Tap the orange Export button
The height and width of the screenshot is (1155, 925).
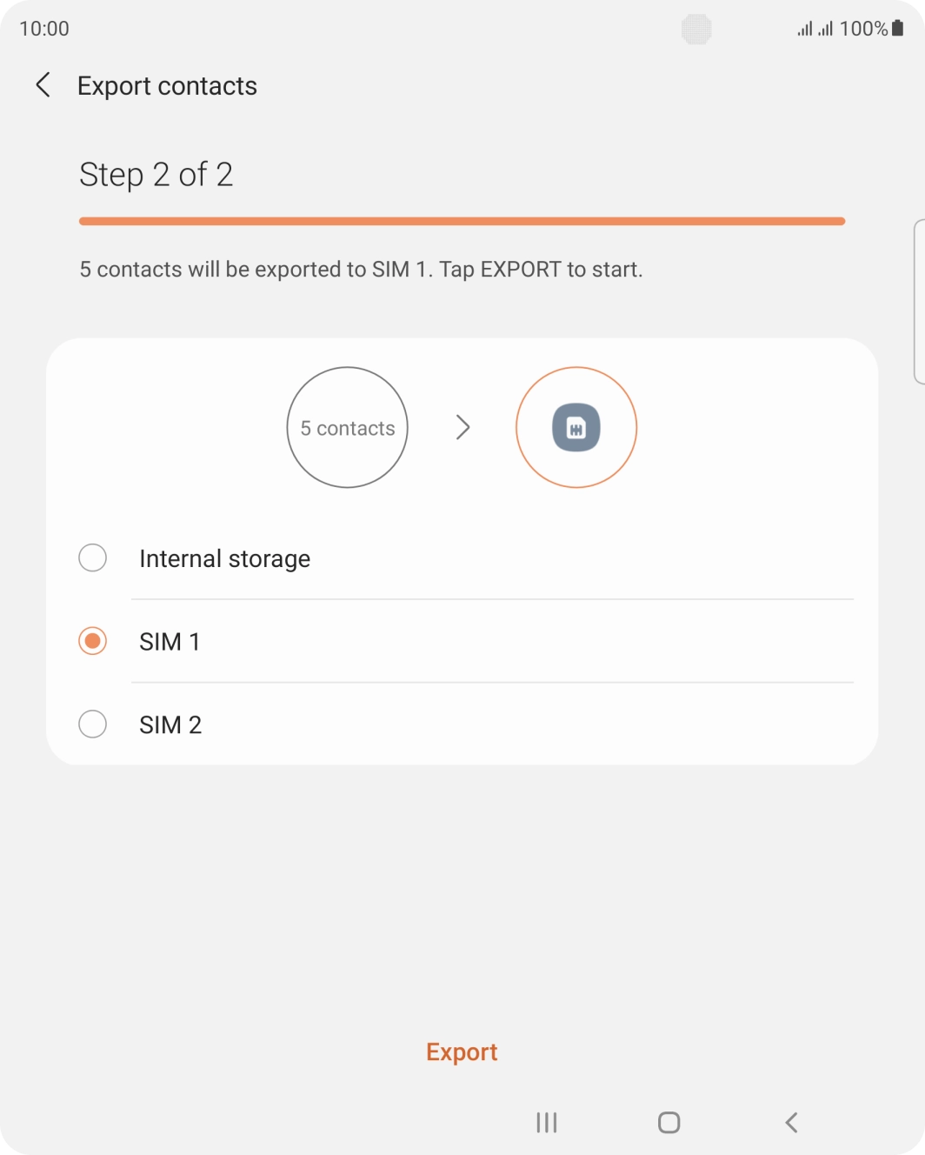click(462, 1052)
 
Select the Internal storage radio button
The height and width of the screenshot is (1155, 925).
click(92, 557)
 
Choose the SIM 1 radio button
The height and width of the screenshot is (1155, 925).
click(92, 641)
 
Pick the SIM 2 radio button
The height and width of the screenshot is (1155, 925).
click(92, 724)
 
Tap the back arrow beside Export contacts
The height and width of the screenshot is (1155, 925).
click(43, 85)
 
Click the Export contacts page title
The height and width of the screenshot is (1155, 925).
click(168, 86)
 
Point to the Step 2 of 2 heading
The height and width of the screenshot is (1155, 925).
click(156, 175)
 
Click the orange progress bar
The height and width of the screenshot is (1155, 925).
click(462, 221)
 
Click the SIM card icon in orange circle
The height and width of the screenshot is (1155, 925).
click(576, 427)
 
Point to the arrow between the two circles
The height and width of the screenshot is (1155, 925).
click(462, 427)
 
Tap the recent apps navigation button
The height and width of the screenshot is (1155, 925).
click(547, 1122)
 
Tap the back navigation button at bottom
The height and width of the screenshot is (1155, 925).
click(791, 1122)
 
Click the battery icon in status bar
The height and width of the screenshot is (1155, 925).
click(898, 28)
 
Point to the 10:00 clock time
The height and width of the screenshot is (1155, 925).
click(44, 29)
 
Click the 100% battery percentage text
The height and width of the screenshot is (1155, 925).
click(863, 29)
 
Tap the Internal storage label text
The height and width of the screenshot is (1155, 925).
click(225, 558)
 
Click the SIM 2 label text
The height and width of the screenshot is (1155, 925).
click(170, 724)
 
